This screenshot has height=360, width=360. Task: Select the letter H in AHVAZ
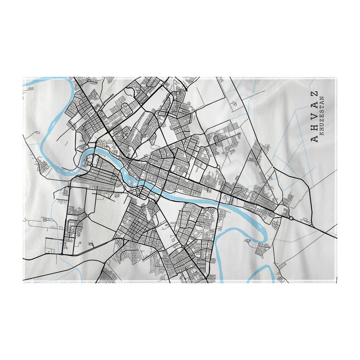(x=315, y=128)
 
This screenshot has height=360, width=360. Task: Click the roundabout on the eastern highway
(x=291, y=218)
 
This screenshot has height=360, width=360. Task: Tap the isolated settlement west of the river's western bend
(x=43, y=164)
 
